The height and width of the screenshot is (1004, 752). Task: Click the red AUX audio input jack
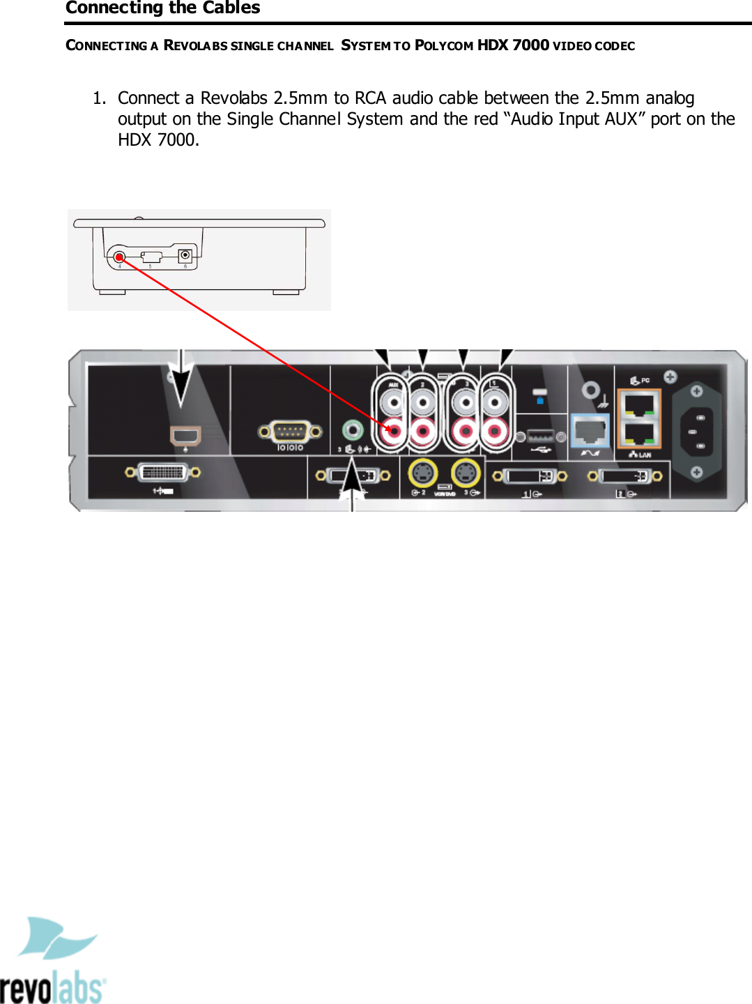[x=394, y=432]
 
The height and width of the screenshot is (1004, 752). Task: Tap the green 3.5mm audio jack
[x=353, y=429]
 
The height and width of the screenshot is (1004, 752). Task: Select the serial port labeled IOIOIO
[x=290, y=432]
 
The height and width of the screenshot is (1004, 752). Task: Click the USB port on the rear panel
[x=541, y=437]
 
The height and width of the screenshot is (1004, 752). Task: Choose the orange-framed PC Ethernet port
[x=638, y=404]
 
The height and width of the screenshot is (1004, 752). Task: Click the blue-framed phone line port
[x=590, y=432]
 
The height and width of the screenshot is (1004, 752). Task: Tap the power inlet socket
[x=696, y=432]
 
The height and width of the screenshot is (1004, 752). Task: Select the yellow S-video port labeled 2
[x=422, y=473]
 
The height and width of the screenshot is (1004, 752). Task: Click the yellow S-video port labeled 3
[x=466, y=473]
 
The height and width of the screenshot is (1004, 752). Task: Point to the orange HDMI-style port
[x=185, y=436]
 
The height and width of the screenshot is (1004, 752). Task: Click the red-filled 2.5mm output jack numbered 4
[x=119, y=257]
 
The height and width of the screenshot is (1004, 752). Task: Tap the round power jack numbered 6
[x=185, y=255]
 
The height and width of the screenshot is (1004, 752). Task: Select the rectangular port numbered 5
[x=151, y=257]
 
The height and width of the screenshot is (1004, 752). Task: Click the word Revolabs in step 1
[x=233, y=98]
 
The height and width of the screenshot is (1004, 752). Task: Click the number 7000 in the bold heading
[x=530, y=45]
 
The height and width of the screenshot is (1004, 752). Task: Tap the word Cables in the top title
[x=231, y=8]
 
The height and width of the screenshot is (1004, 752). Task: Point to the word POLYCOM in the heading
[x=444, y=45]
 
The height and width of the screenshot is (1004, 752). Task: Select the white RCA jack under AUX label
[x=394, y=402]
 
